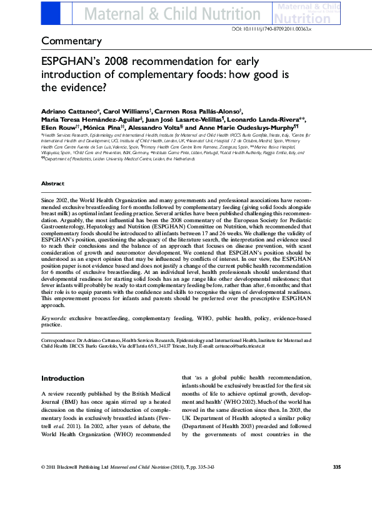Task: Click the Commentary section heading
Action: [x=71, y=42]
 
